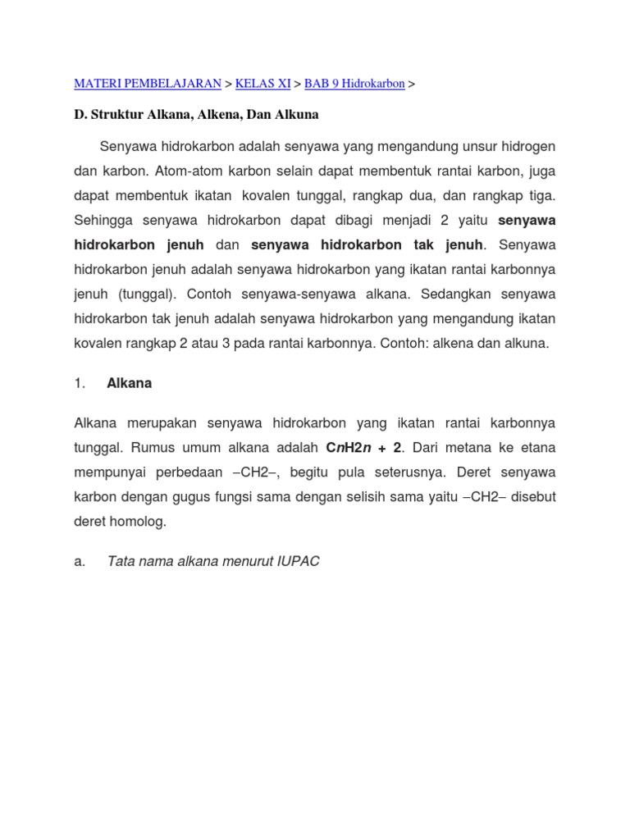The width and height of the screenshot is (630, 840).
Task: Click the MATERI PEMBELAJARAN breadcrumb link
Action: point(148,84)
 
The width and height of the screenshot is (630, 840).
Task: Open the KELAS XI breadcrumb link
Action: point(262,84)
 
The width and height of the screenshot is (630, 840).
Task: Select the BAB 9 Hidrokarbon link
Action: point(354,84)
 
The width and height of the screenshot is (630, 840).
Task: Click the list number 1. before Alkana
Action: point(80,383)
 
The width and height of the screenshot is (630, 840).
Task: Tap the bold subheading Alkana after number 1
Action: point(130,383)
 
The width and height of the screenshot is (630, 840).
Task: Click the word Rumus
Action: point(180,448)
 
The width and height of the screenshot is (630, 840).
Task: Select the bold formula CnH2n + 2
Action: point(364,448)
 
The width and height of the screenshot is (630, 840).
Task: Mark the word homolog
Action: point(138,521)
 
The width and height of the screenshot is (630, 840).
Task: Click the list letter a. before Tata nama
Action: point(80,561)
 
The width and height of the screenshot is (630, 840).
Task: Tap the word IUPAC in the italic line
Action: point(298,561)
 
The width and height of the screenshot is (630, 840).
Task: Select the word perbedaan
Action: point(182,472)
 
